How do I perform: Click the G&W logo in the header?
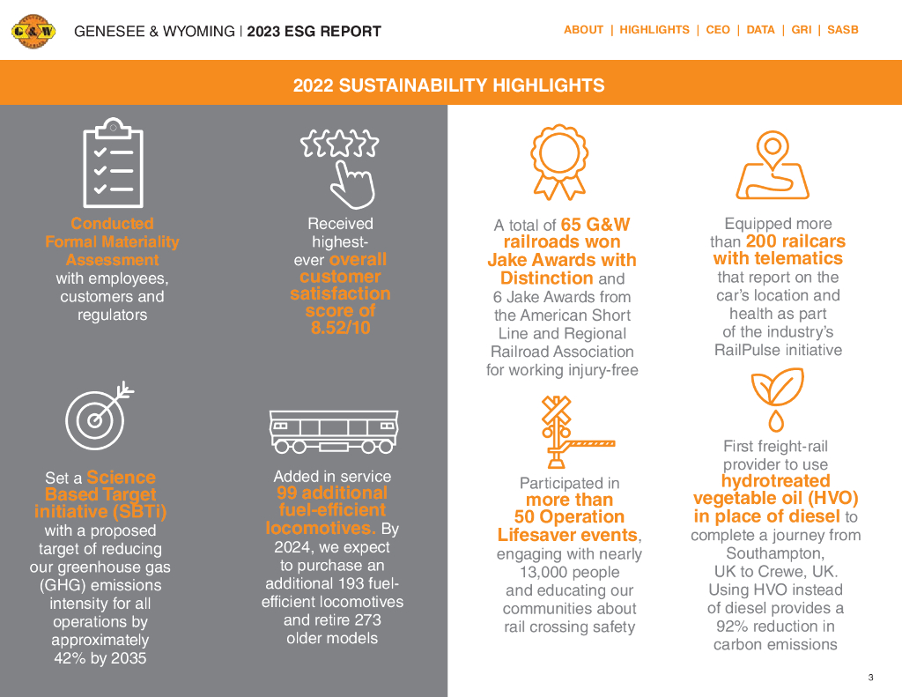click(x=33, y=32)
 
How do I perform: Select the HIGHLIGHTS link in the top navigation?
click(x=654, y=30)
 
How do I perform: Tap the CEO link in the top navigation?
click(x=718, y=30)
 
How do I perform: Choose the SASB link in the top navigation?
click(x=843, y=30)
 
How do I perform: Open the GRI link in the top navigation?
click(x=801, y=30)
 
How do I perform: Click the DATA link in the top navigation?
click(x=760, y=30)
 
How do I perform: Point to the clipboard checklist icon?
click(x=113, y=163)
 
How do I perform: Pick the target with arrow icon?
click(x=99, y=414)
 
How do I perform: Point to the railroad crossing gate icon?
click(x=560, y=432)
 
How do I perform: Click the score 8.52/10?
click(x=340, y=328)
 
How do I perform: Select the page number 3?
click(x=870, y=678)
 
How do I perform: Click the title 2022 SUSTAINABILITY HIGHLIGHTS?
click(x=449, y=85)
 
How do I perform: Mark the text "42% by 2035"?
click(x=100, y=658)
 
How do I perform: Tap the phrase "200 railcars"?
click(x=795, y=241)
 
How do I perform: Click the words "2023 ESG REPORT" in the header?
click(x=314, y=32)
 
